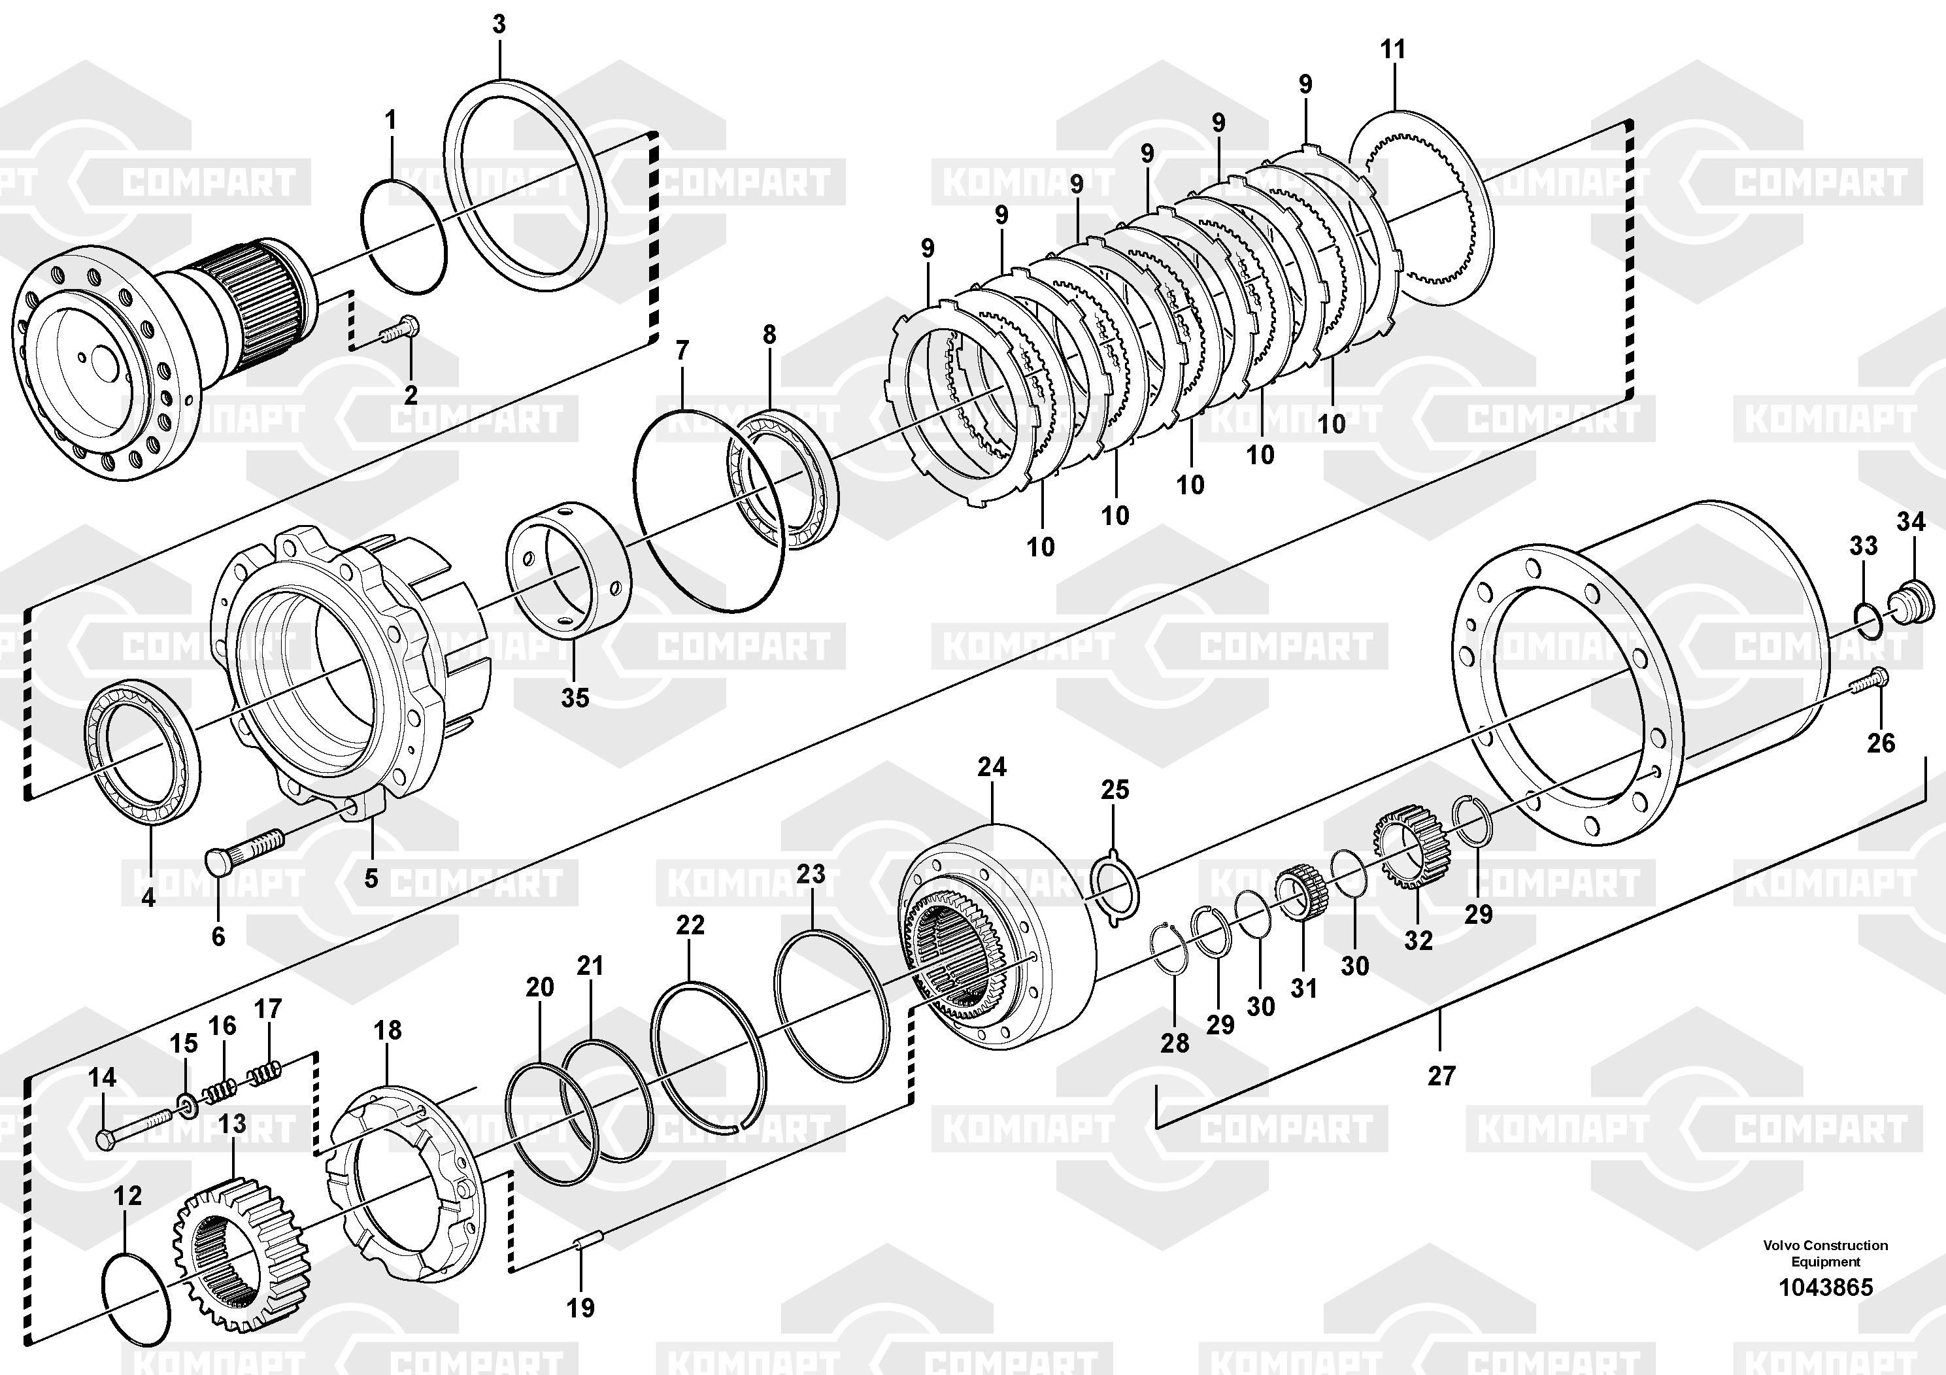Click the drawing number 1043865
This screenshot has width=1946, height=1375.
pos(1825,1287)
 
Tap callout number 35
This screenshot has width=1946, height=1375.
pos(575,698)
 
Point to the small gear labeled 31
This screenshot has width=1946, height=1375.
pos(1300,896)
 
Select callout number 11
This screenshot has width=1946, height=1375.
pos(1392,50)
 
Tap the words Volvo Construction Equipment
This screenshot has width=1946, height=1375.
pos(1825,1252)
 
